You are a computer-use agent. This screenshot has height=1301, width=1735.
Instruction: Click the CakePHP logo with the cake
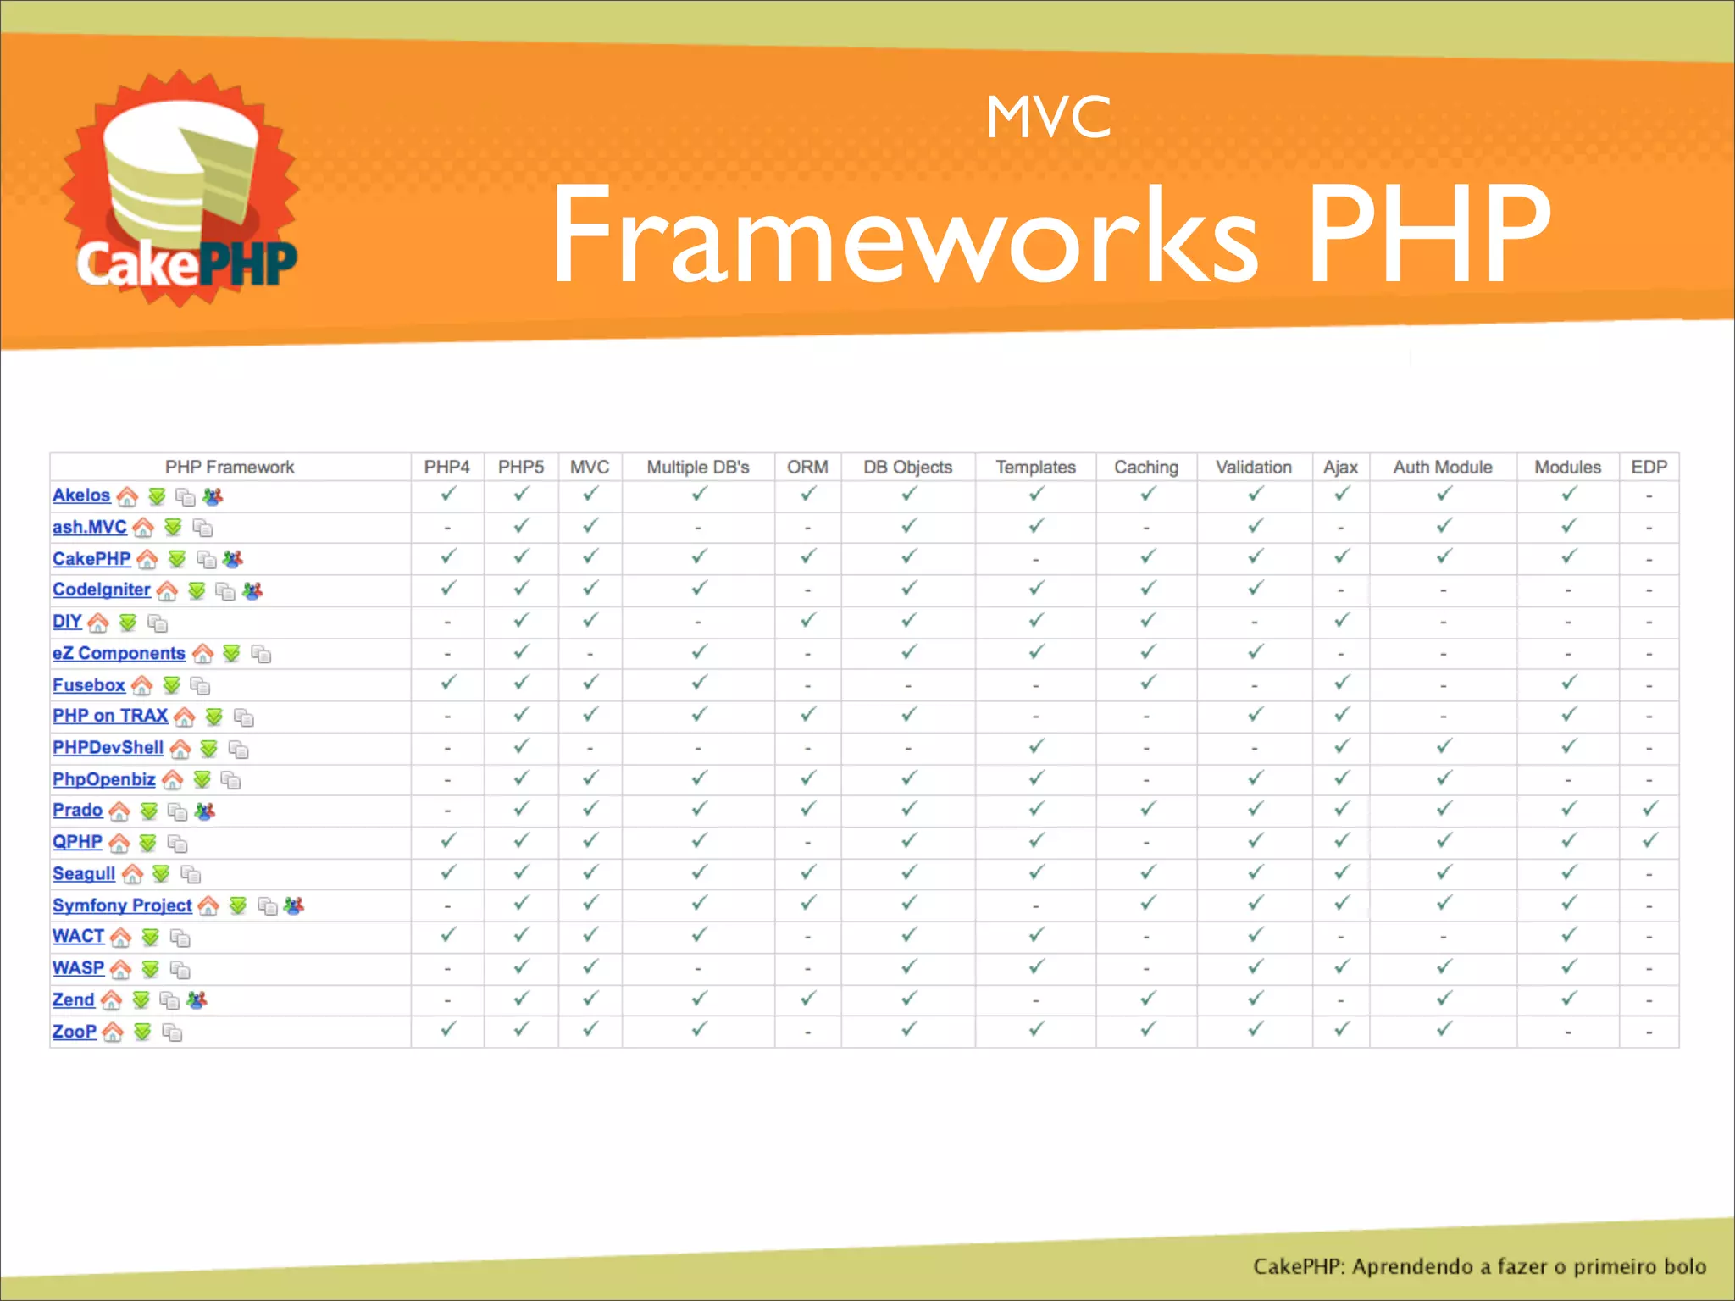(180, 191)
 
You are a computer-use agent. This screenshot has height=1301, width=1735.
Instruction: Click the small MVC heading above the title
(1048, 117)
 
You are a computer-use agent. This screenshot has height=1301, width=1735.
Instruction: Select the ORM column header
(807, 468)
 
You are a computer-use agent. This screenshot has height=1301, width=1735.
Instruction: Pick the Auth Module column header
(1442, 468)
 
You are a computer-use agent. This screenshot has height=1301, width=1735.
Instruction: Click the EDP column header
(1649, 468)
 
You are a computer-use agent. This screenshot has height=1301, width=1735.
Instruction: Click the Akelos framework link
(81, 495)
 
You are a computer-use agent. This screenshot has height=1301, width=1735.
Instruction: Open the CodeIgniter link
(102, 590)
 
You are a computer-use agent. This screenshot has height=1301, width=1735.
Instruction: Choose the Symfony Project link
(122, 905)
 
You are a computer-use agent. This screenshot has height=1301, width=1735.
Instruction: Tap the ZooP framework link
(75, 1032)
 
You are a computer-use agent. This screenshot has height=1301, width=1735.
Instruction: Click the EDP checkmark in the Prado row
(1649, 809)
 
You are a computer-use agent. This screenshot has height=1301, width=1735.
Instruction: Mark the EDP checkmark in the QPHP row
(1649, 840)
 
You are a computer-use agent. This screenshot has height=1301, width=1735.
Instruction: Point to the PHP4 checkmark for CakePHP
(447, 556)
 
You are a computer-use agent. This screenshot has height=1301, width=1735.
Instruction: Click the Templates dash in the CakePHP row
(1035, 560)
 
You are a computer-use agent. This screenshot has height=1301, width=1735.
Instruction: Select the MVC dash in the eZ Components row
(590, 654)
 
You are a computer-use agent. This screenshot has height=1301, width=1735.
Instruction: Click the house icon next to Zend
(111, 1001)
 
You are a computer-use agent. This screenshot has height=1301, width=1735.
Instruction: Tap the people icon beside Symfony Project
(294, 906)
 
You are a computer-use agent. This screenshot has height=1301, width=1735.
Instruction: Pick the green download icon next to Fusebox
(172, 685)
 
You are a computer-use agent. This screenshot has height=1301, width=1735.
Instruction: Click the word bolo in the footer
(1684, 1266)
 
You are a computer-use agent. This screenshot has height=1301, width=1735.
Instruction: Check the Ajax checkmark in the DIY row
(1341, 620)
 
